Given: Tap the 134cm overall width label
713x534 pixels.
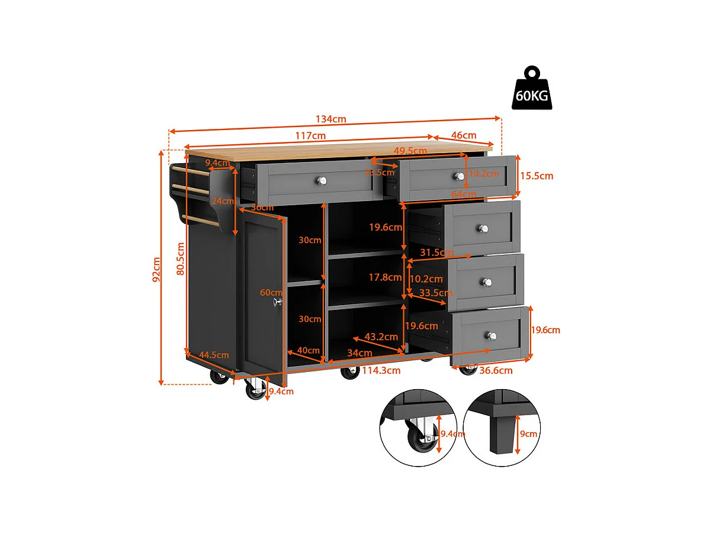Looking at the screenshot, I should [x=331, y=119].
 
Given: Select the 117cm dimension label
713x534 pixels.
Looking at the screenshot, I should [x=310, y=136].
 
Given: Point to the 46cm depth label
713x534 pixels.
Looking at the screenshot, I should [x=464, y=136].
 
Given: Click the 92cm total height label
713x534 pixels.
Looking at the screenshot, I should [x=156, y=269].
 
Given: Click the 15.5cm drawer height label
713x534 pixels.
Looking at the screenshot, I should [x=537, y=176].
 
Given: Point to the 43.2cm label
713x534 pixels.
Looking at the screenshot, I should [x=381, y=336].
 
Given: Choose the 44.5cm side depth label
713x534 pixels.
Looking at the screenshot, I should [x=213, y=355].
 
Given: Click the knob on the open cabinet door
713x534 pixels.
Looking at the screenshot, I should [x=277, y=302].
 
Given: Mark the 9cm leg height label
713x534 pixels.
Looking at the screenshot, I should [x=529, y=433].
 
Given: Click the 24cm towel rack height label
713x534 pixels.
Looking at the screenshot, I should [x=224, y=201].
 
